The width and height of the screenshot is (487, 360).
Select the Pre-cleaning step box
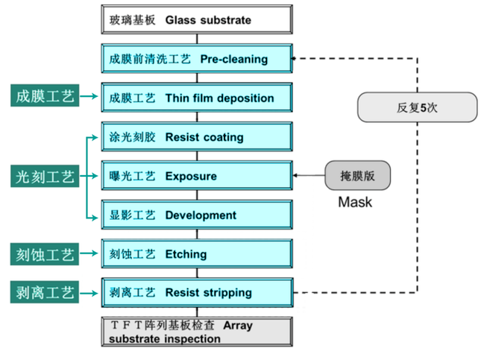[x=195, y=59]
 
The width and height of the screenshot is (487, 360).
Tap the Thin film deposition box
[x=195, y=98]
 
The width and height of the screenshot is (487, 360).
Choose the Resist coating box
[x=195, y=137]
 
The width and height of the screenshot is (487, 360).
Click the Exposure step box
[x=195, y=176]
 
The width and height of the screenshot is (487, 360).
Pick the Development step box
[x=195, y=215]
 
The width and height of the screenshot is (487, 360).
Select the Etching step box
[x=195, y=254]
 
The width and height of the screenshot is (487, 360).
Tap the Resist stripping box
[x=195, y=293]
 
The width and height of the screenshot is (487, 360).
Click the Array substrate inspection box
[x=195, y=332]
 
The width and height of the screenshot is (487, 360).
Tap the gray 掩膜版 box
[x=358, y=176]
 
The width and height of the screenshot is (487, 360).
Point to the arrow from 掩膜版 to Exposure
[x=308, y=176]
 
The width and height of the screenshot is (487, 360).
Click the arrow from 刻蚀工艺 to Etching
[x=90, y=254]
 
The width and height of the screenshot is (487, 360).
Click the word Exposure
[x=191, y=177]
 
